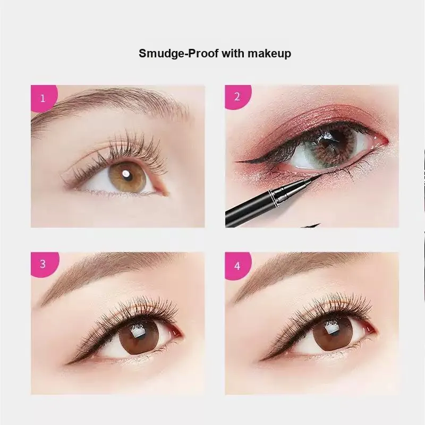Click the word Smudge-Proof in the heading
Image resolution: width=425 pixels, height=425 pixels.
(x=178, y=54)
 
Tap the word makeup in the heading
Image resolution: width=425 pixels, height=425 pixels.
(x=269, y=54)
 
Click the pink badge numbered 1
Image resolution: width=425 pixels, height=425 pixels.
(x=44, y=98)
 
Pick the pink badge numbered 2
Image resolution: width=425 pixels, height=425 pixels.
(x=237, y=97)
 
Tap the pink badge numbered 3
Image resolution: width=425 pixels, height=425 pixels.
(x=44, y=264)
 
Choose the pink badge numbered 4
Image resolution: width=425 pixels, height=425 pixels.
(x=237, y=265)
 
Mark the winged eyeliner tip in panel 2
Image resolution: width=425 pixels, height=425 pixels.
(x=236, y=161)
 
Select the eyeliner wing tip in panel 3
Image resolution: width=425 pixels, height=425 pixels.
(x=66, y=364)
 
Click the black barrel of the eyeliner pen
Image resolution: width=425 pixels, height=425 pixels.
(x=247, y=209)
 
